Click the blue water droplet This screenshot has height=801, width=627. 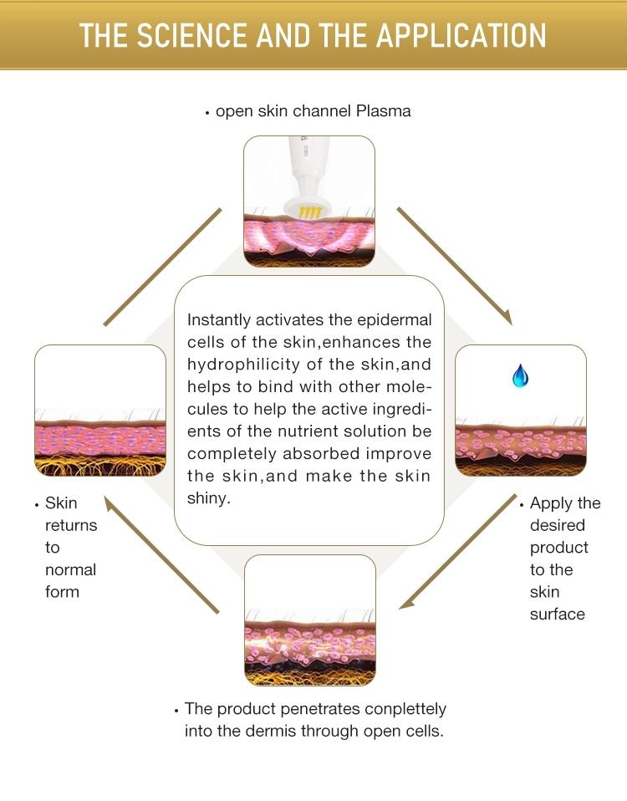click(x=520, y=375)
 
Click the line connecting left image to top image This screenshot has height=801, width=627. click(x=162, y=267)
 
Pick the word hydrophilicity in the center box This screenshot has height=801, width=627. click(x=259, y=364)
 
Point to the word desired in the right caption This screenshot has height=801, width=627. click(x=557, y=525)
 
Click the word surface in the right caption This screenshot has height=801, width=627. click(x=557, y=614)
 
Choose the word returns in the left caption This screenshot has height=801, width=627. click(x=70, y=525)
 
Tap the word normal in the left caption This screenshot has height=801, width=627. click(x=70, y=569)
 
